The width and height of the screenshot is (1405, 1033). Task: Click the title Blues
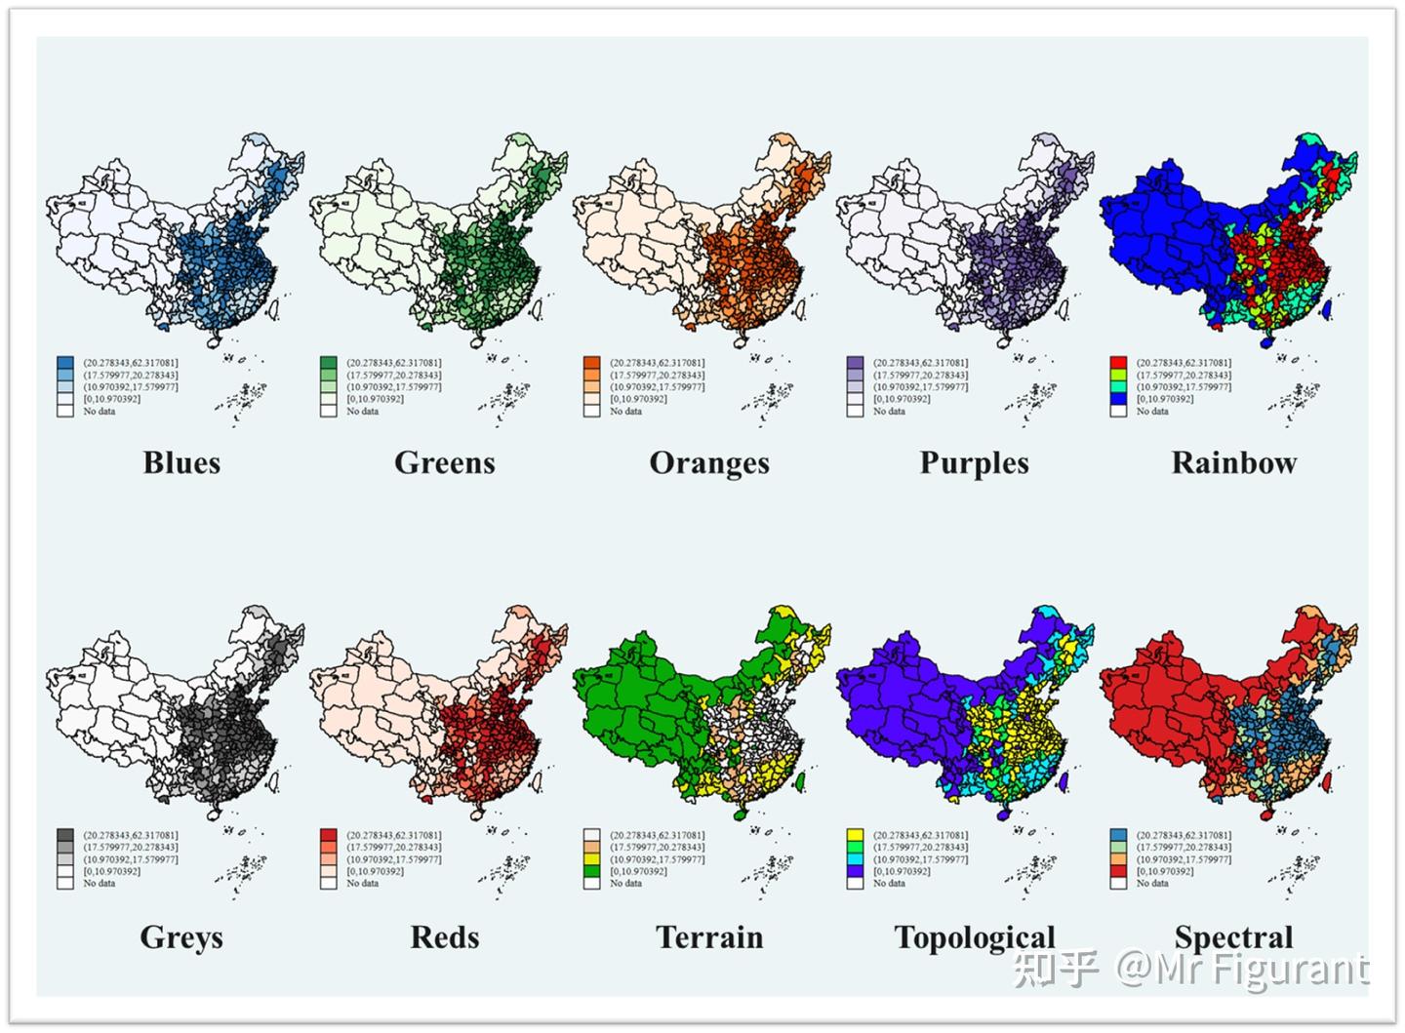181,462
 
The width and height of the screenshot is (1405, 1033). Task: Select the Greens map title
445,462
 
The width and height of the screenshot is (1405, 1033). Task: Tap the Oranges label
709,462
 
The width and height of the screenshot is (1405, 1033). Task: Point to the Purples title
974,462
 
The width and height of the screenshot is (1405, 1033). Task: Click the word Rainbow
1234,462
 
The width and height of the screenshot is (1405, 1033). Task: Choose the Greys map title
181,936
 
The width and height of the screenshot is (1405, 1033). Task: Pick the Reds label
445,936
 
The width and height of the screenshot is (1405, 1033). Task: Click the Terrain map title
709,936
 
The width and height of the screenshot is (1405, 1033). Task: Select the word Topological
975,936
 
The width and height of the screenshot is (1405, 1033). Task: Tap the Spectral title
1234,936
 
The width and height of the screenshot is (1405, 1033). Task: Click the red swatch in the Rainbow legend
1119,363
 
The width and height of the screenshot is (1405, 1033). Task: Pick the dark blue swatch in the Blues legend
65,363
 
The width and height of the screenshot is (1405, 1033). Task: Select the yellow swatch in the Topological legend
856,836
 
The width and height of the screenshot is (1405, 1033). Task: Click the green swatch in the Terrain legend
592,871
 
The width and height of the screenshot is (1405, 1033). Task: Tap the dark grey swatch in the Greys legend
65,836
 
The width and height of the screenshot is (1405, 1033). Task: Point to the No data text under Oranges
625,412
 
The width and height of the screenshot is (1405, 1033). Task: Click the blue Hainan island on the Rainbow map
1267,342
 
